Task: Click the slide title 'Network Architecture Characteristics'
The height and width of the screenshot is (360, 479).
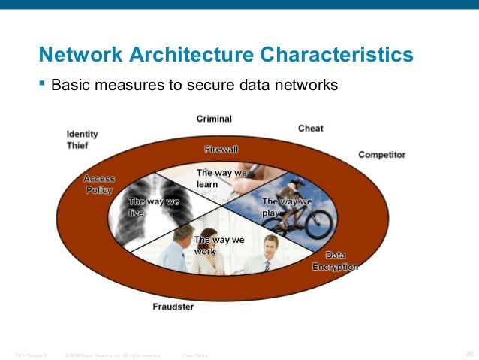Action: click(226, 55)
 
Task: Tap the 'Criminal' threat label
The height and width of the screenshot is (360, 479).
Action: click(214, 119)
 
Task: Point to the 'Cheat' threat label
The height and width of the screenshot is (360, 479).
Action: click(310, 129)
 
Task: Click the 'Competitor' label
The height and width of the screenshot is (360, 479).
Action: click(381, 155)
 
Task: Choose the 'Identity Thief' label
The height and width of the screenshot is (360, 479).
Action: click(82, 140)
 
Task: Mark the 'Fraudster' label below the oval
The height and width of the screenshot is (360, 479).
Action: click(173, 307)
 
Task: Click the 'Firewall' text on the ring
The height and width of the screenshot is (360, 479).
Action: click(221, 149)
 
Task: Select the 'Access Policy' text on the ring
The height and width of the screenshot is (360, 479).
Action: click(98, 184)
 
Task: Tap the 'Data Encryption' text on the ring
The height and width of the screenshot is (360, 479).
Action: click(336, 261)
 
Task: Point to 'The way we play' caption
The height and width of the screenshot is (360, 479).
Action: click(286, 207)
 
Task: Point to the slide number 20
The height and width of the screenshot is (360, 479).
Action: click(470, 353)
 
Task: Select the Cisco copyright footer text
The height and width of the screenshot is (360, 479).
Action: click(113, 354)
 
